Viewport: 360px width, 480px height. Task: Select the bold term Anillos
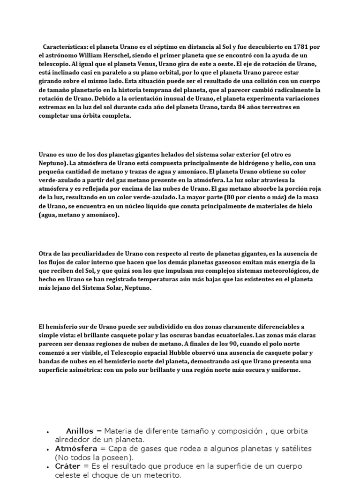(x=80, y=430)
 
